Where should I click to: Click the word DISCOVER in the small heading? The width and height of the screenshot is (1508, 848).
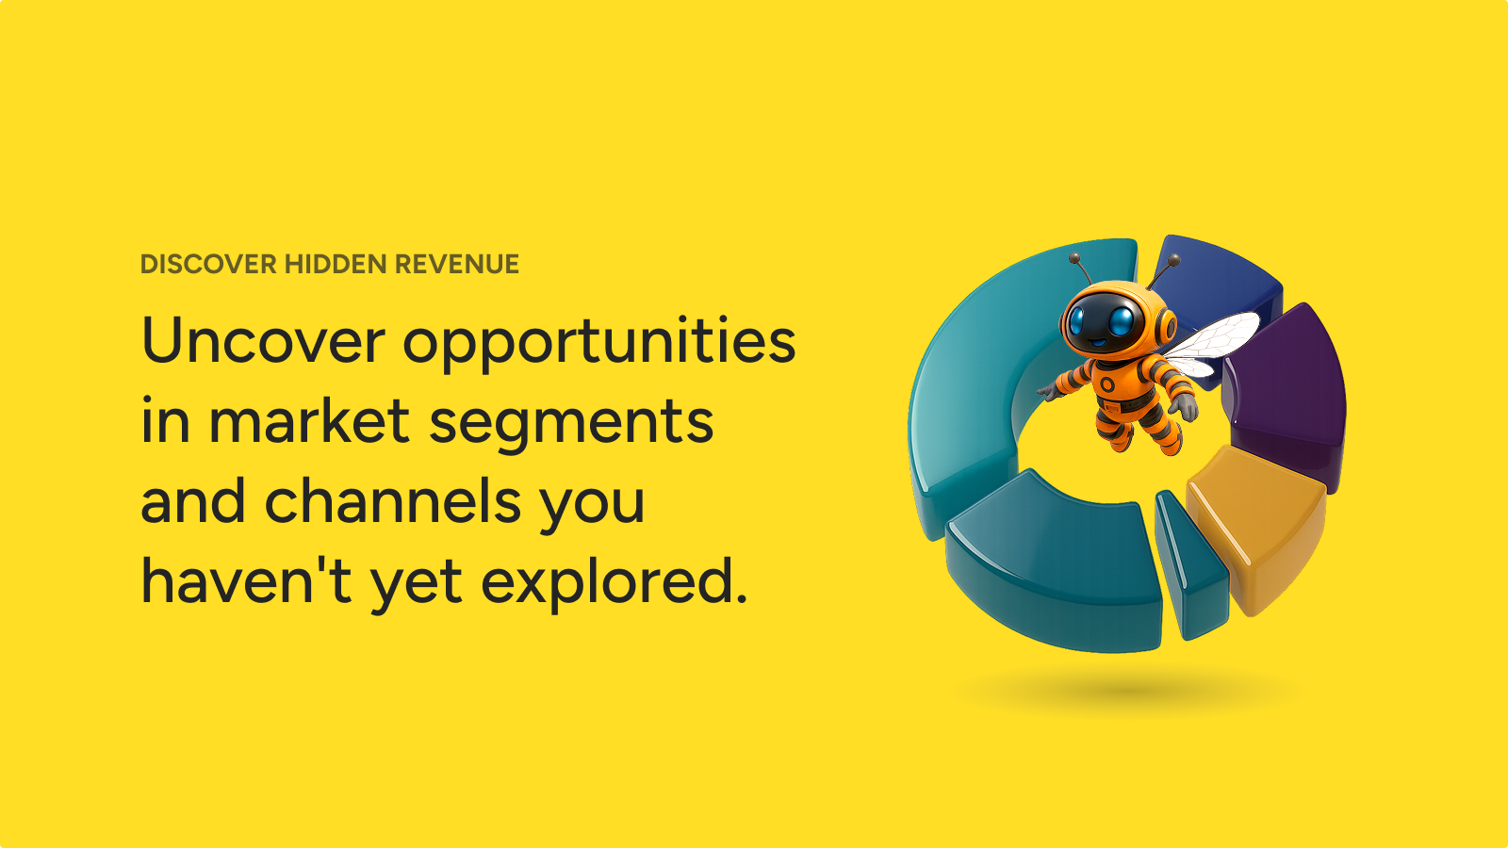click(208, 264)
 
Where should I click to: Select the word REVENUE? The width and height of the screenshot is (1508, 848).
click(457, 264)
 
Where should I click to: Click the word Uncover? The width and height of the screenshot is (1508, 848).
click(264, 340)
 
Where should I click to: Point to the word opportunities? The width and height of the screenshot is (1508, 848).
click(599, 343)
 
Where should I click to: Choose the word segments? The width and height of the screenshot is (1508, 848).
click(571, 425)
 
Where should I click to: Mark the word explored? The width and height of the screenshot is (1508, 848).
click(614, 583)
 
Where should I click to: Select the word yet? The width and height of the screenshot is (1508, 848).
click(416, 585)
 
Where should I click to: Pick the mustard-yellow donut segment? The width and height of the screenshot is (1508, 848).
click(1255, 525)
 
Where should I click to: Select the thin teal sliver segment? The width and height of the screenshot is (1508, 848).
click(1190, 565)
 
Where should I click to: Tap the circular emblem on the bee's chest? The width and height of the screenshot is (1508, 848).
click(1107, 384)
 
